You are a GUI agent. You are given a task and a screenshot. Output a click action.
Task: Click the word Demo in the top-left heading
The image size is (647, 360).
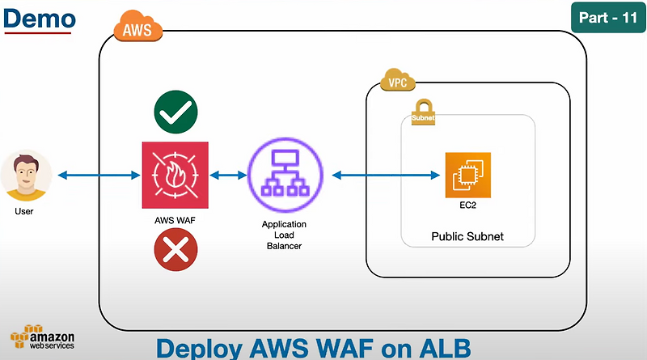coord(40,18)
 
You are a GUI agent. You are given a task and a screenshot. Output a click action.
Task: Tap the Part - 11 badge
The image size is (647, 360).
coord(608,17)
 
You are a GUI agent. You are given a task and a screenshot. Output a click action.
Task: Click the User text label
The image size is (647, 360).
coord(24,212)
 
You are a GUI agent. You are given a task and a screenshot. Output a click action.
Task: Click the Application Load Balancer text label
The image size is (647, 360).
coord(282,235)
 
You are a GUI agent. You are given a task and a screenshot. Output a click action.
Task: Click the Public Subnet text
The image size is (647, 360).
coord(467,237)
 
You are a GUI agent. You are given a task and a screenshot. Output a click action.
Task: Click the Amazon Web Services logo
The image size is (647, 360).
coord(42,338)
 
